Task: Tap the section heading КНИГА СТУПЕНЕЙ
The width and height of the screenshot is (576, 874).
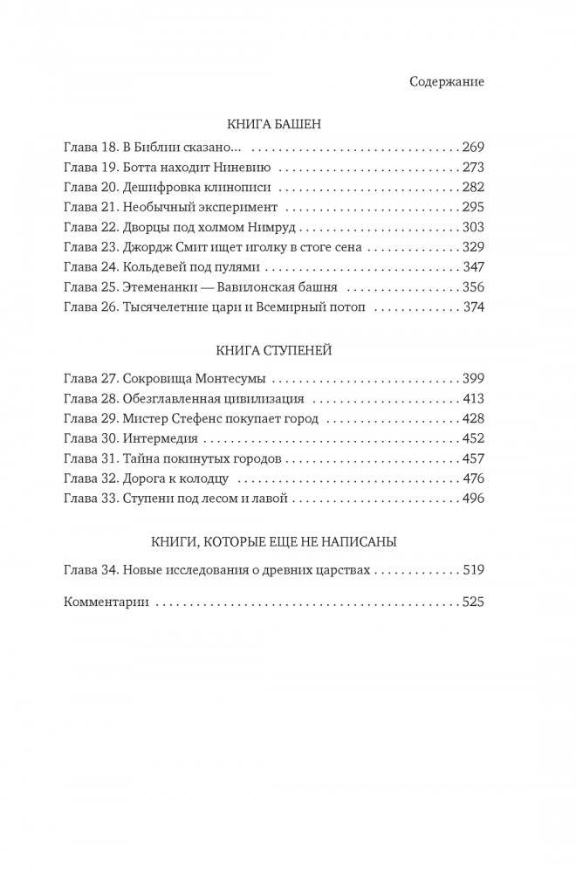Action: [274, 351]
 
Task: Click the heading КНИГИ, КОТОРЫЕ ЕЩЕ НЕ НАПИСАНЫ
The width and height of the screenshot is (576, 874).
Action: [274, 542]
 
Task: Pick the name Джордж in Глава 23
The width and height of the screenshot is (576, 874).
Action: [147, 249]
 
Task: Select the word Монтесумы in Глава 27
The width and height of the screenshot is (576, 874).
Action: [229, 380]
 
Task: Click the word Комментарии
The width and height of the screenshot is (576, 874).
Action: [108, 602]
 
